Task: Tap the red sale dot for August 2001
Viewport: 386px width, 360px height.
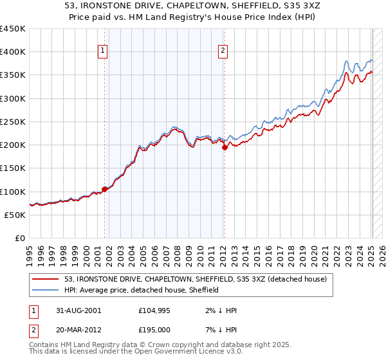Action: click(x=104, y=189)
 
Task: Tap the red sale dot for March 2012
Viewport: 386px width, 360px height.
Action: click(x=225, y=147)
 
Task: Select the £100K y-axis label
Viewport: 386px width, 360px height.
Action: click(x=13, y=192)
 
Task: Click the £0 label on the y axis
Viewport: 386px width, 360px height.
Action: click(x=20, y=238)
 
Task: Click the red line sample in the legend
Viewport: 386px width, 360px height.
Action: click(x=46, y=279)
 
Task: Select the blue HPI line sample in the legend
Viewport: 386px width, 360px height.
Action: click(x=46, y=290)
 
